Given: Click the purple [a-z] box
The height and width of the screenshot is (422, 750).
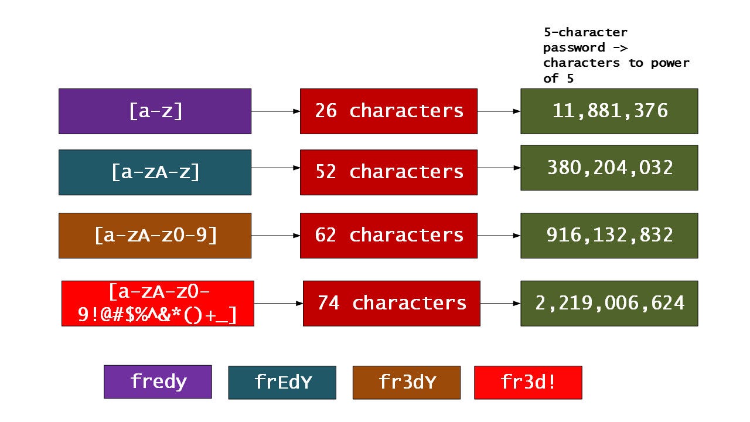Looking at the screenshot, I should click(155, 111).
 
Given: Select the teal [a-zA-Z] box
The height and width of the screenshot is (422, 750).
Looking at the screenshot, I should click(155, 172).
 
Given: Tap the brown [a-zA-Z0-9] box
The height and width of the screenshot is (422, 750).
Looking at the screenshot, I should click(155, 235).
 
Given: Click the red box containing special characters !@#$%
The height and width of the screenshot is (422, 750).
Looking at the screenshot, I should click(158, 303).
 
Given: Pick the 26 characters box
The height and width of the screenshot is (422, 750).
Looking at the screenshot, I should click(388, 111).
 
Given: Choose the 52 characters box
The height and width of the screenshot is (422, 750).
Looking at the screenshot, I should click(388, 172).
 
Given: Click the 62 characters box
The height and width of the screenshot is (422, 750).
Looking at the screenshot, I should click(388, 235).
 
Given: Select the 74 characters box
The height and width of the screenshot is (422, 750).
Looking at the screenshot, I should click(391, 303).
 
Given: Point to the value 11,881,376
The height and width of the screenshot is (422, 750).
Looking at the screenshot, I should click(609, 111).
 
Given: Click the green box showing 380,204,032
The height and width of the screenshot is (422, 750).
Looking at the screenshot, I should click(609, 168).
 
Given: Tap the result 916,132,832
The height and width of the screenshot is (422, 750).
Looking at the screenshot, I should click(609, 235).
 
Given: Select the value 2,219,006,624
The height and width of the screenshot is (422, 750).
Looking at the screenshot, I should click(609, 303).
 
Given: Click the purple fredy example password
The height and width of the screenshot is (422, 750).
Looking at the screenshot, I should click(158, 382).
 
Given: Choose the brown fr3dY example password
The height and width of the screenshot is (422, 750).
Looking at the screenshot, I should click(407, 382).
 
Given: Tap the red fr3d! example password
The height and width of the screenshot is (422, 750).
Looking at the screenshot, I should click(528, 382).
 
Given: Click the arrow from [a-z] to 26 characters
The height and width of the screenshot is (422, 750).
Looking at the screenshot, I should click(275, 111).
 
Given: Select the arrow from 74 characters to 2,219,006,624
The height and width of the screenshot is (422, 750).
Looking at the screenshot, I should click(500, 303).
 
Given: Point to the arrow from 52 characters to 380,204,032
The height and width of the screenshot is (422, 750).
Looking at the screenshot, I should click(499, 168).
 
